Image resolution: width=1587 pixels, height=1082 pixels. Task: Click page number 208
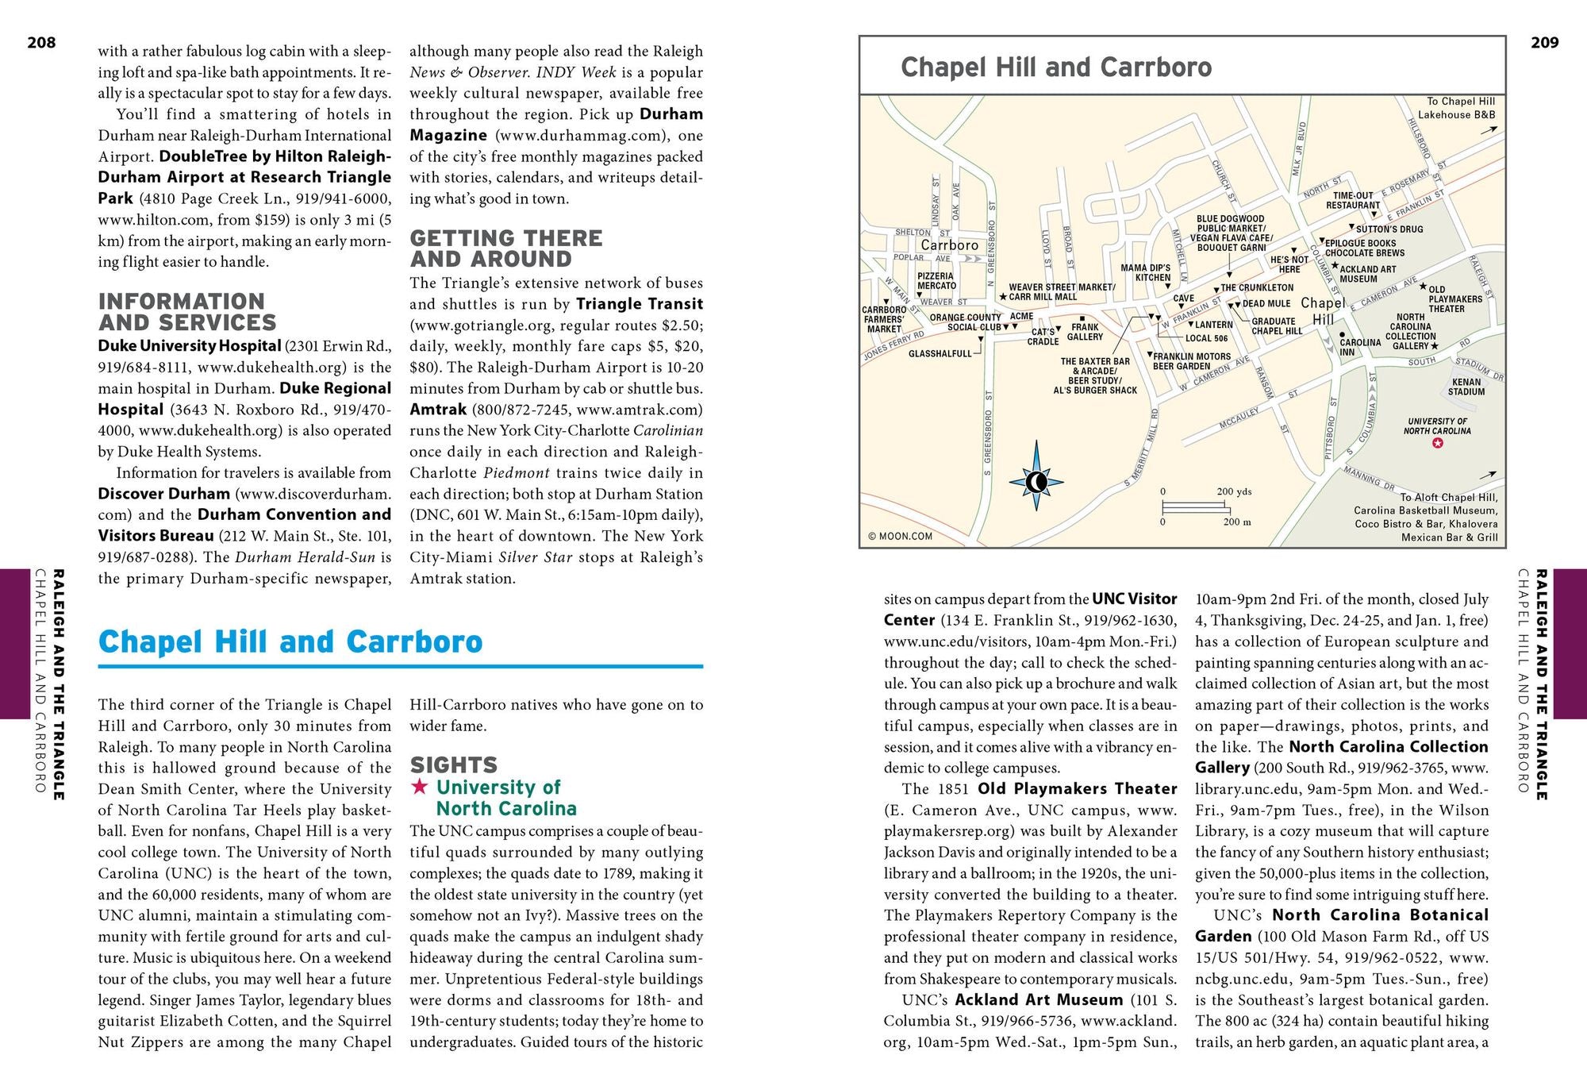point(41,43)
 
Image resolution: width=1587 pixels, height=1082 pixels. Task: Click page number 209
point(1544,43)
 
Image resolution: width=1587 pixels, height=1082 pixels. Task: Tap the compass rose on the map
point(1036,481)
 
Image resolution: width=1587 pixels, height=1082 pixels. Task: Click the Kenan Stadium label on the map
point(1466,387)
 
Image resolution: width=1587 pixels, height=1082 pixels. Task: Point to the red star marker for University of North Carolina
point(1437,444)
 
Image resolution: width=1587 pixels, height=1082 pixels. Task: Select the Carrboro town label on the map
point(949,245)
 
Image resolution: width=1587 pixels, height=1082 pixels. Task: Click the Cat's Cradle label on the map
point(1043,337)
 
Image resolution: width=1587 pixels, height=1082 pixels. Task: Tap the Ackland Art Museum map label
point(1367,274)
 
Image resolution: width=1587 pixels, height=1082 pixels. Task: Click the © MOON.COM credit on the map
point(900,536)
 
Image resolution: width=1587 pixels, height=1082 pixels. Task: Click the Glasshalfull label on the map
point(940,353)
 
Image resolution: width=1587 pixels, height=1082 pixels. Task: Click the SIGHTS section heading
point(453,765)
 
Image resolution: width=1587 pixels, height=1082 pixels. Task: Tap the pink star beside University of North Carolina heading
point(420,787)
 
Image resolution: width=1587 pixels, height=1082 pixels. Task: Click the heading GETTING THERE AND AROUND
point(506,248)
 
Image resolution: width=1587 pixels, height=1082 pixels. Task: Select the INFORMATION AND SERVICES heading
point(187,312)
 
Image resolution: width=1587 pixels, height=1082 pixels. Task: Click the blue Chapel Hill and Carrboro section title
point(290,641)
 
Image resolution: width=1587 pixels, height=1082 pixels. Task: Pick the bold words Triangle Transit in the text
point(640,304)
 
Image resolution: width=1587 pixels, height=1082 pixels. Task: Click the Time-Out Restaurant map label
point(1353,200)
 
